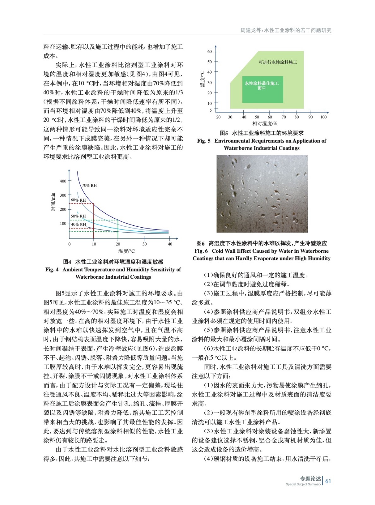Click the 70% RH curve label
(89, 186)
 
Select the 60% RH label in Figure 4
(78, 200)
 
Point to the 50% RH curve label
(78, 216)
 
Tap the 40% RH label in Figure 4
(78, 224)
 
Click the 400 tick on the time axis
(63, 181)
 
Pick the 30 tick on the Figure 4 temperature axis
(144, 244)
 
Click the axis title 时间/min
(53, 202)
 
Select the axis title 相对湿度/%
(264, 123)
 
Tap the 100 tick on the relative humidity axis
(323, 117)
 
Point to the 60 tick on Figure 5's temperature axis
(209, 51)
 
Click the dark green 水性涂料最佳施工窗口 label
(262, 85)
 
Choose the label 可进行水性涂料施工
(278, 62)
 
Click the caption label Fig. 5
(204, 141)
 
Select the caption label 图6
(201, 243)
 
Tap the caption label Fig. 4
(52, 270)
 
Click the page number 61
(328, 481)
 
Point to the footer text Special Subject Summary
(303, 484)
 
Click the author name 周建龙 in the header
(247, 30)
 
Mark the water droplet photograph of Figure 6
(262, 194)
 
